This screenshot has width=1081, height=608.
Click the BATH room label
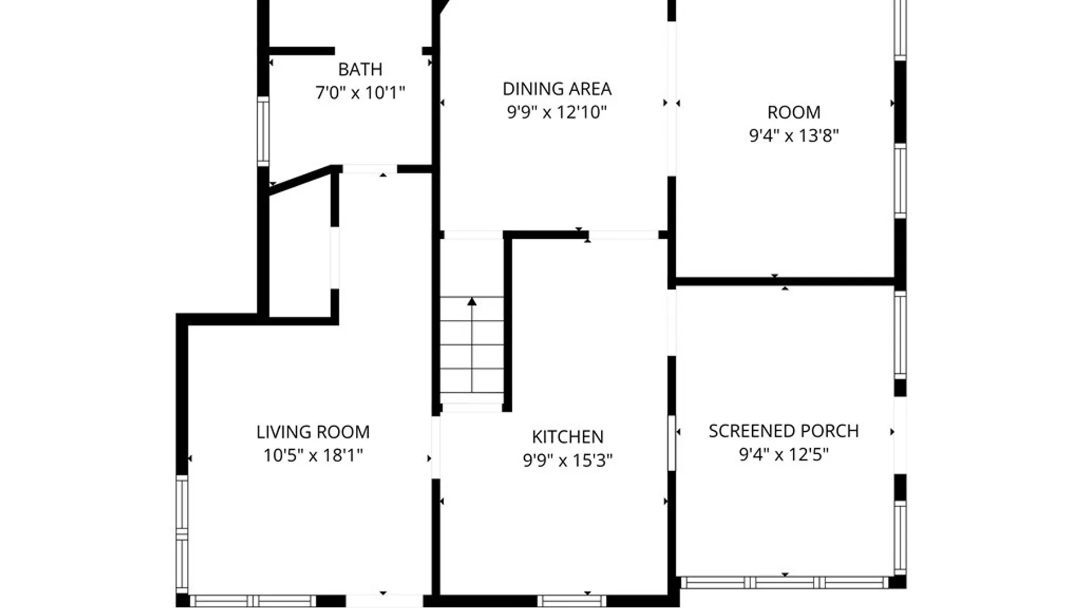pyautogui.click(x=360, y=69)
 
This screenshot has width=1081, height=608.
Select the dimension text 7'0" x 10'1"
pyautogui.click(x=360, y=92)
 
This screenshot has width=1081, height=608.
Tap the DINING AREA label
pyautogui.click(x=557, y=89)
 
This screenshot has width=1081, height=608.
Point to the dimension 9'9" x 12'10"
pyautogui.click(x=557, y=112)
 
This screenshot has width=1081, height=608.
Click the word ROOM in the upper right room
pyautogui.click(x=793, y=113)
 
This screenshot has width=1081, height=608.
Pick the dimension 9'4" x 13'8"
pyautogui.click(x=793, y=136)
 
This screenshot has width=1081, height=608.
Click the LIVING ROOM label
pyautogui.click(x=312, y=432)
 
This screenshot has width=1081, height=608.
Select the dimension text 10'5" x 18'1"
pyautogui.click(x=312, y=455)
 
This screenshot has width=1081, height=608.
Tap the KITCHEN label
pyautogui.click(x=568, y=437)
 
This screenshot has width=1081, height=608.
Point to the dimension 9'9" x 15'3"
pyautogui.click(x=568, y=461)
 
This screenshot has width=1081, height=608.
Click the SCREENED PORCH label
pyautogui.click(x=783, y=431)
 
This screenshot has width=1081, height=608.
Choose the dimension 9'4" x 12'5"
pyautogui.click(x=783, y=454)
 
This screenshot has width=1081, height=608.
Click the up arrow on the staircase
pyautogui.click(x=472, y=302)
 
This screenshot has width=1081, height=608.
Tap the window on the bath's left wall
pyautogui.click(x=263, y=131)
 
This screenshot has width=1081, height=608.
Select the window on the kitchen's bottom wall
pyautogui.click(x=571, y=601)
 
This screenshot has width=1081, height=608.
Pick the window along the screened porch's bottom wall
pyautogui.click(x=784, y=583)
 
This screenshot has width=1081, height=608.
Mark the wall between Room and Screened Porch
pyautogui.click(x=784, y=281)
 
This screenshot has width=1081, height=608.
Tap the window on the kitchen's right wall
pyautogui.click(x=671, y=442)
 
